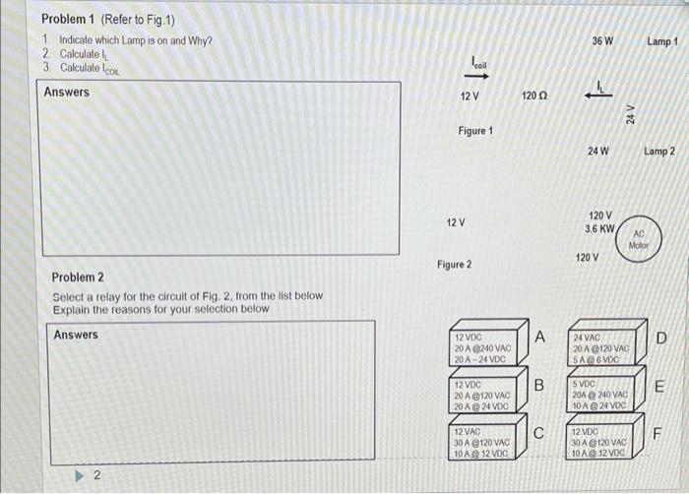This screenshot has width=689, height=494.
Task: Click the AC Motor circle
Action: point(639,239)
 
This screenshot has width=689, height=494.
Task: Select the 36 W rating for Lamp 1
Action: point(602,41)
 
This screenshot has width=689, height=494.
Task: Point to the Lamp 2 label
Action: point(658,152)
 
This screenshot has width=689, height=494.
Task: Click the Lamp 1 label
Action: point(662,41)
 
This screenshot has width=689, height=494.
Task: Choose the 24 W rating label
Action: point(597,152)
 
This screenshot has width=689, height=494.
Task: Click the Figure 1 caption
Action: point(475,131)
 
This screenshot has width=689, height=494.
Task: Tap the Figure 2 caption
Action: point(454,265)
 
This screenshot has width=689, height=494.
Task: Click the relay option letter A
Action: point(540,338)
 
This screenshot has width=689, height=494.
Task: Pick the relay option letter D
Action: point(660,339)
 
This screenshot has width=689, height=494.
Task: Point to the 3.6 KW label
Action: point(600,228)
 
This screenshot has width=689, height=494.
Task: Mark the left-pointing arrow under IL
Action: point(597,95)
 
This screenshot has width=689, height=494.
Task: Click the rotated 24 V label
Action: point(630,114)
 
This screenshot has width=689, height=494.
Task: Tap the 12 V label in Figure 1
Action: point(470,96)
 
